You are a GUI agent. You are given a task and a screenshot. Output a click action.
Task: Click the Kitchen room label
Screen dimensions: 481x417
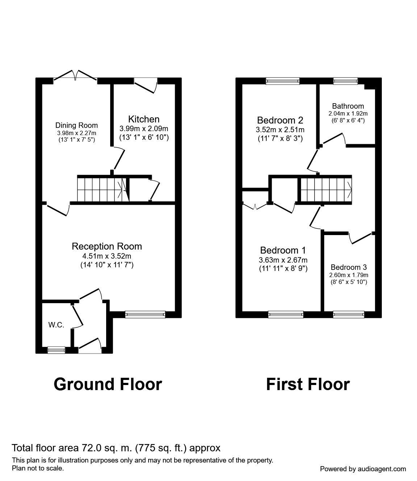point(144,119)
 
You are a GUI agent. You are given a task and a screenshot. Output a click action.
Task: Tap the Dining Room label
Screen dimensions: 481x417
point(76,125)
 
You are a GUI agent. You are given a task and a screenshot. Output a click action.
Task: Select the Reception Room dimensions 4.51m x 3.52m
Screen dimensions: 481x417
point(107,256)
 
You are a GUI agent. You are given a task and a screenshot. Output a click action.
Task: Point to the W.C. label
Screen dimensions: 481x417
point(56,325)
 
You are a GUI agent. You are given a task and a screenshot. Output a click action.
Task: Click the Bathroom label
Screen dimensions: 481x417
point(348,106)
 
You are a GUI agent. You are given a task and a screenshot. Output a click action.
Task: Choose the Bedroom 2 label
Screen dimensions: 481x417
point(280,120)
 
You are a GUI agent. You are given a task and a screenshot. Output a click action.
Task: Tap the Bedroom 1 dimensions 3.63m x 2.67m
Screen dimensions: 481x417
point(283,260)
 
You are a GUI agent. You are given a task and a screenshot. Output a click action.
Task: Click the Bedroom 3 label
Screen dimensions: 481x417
point(349,267)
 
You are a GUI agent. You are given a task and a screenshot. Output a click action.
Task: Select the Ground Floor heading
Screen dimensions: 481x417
point(108,384)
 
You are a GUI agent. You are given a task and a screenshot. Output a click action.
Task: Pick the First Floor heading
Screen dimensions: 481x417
point(308,384)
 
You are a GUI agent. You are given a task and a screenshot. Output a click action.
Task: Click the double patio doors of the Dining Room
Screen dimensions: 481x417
point(75,76)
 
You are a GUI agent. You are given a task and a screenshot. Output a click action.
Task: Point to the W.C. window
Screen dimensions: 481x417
point(57,350)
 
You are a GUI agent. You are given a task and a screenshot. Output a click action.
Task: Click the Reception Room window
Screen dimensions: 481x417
point(145,314)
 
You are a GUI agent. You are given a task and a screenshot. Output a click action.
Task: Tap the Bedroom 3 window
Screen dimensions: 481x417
point(349,314)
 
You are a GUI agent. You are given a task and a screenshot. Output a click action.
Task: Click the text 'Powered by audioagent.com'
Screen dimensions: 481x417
point(363,469)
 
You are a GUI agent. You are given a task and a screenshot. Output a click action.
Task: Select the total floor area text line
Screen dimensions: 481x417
point(116,448)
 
